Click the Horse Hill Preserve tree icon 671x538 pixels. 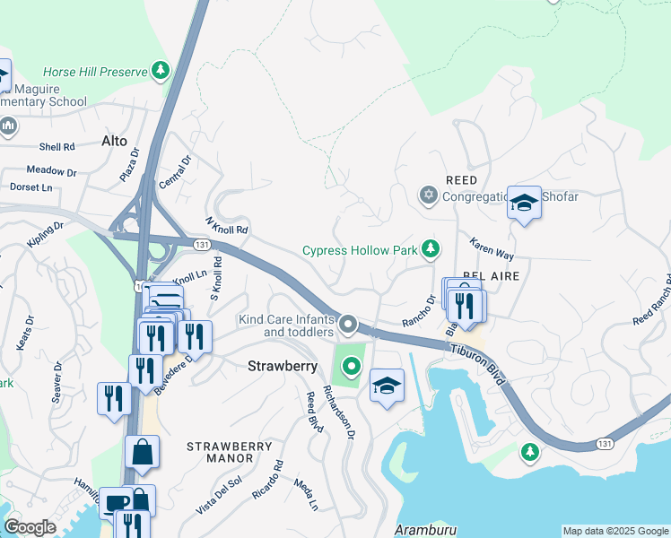tap(161, 70)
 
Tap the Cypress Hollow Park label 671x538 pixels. tap(362, 250)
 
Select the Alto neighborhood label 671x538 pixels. tap(114, 141)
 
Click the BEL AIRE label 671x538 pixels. tap(492, 276)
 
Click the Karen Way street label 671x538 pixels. tap(492, 250)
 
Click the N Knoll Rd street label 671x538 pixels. tap(226, 224)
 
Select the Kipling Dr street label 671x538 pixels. tap(46, 236)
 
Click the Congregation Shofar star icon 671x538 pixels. tap(429, 195)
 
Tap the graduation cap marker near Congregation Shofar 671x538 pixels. tap(524, 204)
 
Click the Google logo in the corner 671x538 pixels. tap(30, 527)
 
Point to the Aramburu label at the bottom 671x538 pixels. tap(425, 530)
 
